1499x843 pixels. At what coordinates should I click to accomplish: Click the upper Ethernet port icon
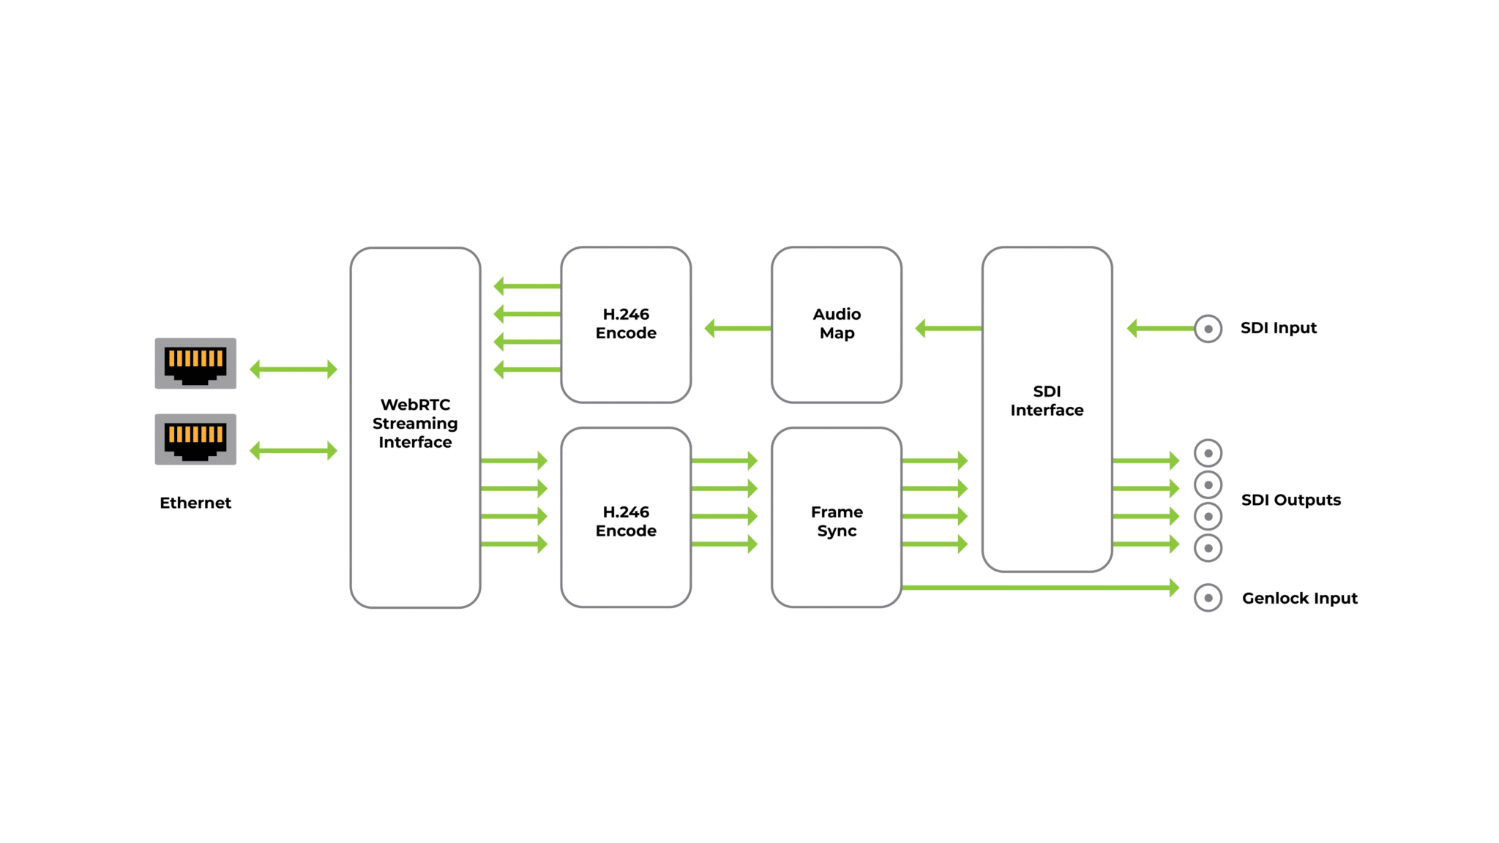(x=195, y=363)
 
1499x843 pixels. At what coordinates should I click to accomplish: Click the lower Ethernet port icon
(x=195, y=439)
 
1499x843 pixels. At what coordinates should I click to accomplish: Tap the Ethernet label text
(x=195, y=503)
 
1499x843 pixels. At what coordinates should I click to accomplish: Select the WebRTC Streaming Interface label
(x=415, y=423)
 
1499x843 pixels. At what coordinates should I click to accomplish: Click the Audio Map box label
(x=837, y=323)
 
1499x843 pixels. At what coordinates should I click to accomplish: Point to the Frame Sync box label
(x=837, y=521)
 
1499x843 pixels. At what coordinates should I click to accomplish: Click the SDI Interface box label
(x=1047, y=401)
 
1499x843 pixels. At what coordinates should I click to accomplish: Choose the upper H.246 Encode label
(x=626, y=323)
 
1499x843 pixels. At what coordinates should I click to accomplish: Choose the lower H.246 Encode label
(x=626, y=521)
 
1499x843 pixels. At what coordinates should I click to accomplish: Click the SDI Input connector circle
(x=1208, y=329)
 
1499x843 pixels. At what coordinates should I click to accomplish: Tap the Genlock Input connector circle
(x=1208, y=598)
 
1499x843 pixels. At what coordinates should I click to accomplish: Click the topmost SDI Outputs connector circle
(x=1208, y=454)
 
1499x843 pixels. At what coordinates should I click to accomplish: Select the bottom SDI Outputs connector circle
(x=1208, y=548)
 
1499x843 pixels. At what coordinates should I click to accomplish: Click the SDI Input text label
(x=1279, y=328)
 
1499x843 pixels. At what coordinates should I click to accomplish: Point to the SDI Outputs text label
(x=1291, y=500)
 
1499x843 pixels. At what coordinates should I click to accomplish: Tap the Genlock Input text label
(x=1300, y=598)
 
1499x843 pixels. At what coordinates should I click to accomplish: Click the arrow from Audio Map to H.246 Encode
(x=738, y=329)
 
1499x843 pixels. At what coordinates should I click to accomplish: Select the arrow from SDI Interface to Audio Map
(x=949, y=329)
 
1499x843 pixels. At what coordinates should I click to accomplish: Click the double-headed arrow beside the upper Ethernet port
(x=294, y=370)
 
